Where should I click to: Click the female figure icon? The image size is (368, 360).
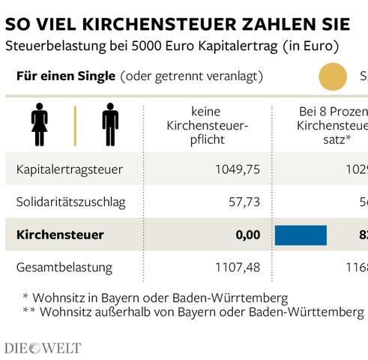pyautogui.click(x=39, y=124)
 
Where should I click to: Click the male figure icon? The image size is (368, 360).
pyautogui.click(x=110, y=124)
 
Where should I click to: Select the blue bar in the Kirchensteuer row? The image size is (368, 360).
pyautogui.click(x=301, y=235)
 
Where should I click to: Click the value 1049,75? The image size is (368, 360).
pyautogui.click(x=236, y=169)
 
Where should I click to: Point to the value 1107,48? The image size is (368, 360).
pyautogui.click(x=236, y=267)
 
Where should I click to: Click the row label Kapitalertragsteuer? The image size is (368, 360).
pyautogui.click(x=69, y=169)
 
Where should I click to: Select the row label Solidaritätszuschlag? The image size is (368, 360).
pyautogui.click(x=70, y=202)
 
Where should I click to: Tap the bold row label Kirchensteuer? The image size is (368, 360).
pyautogui.click(x=59, y=235)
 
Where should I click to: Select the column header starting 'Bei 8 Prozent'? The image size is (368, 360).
pyautogui.click(x=330, y=125)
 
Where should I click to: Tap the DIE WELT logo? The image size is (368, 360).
pyautogui.click(x=42, y=348)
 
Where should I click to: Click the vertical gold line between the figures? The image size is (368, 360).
pyautogui.click(x=74, y=124)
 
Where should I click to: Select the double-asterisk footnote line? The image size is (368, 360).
pyautogui.click(x=193, y=311)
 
